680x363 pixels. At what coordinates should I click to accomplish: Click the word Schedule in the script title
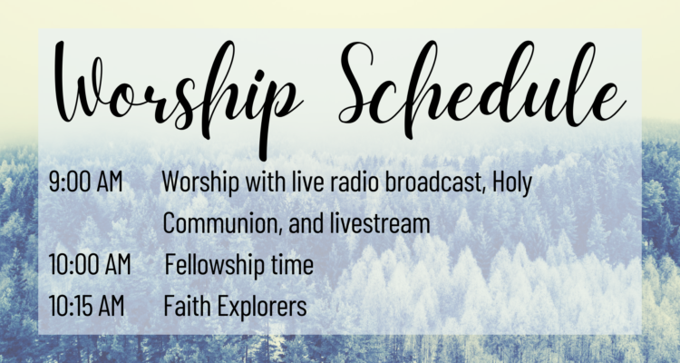point(482,87)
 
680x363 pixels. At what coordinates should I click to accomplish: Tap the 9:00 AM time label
point(86,181)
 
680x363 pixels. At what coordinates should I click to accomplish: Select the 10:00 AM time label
point(90,264)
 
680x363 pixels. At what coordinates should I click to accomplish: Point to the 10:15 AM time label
point(86,305)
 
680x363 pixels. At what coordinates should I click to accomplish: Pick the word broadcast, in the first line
point(435,181)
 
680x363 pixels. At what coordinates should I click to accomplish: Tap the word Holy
point(512,182)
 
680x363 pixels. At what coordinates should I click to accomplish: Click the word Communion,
point(223,222)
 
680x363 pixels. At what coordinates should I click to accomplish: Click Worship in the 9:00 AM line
point(200,182)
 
